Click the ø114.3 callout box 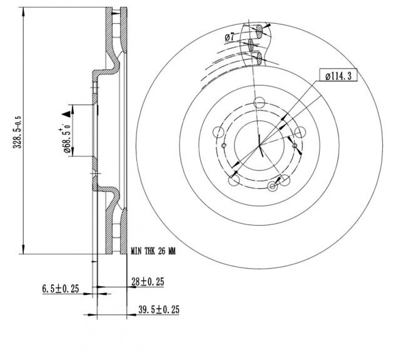(338, 75)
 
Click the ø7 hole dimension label (230, 37)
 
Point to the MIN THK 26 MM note (153, 251)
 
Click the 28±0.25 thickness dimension (148, 282)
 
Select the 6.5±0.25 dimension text (61, 288)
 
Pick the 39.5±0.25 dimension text (159, 309)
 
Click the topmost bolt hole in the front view (259, 103)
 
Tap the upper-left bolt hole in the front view (219, 132)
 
